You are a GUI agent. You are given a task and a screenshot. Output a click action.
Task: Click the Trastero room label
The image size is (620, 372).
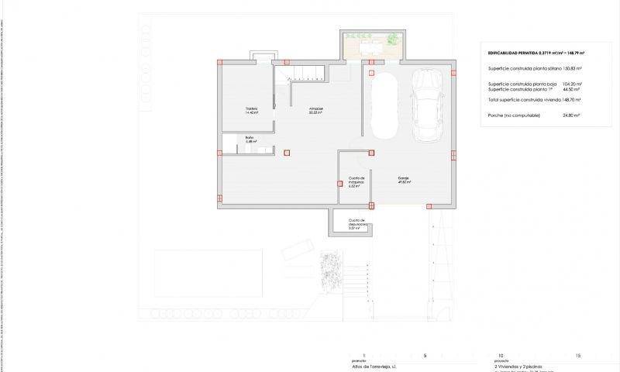(251, 109)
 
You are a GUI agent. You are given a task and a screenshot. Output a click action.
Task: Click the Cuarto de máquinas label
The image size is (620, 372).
(356, 181)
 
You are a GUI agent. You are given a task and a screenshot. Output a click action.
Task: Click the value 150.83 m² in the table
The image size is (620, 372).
(570, 68)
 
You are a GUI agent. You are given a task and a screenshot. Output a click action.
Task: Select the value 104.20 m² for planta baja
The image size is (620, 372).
(572, 83)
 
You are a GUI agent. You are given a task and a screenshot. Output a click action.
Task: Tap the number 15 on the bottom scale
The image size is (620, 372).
(578, 356)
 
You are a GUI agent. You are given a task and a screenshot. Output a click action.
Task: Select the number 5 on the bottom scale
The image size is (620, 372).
(425, 356)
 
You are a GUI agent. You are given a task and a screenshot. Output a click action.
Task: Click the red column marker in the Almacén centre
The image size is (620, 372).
(288, 153)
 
